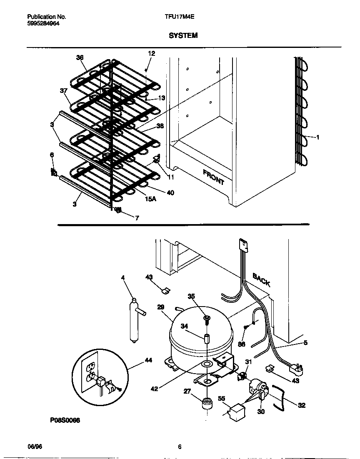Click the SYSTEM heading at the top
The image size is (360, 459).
click(183, 36)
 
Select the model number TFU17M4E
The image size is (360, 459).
click(180, 17)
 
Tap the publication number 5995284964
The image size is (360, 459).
click(43, 24)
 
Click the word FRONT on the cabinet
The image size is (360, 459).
click(213, 177)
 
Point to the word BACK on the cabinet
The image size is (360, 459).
click(261, 279)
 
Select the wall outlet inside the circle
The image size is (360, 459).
click(90, 372)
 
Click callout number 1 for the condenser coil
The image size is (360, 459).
click(317, 137)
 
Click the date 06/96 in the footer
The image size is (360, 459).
click(35, 447)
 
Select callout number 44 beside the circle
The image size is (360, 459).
click(148, 361)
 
